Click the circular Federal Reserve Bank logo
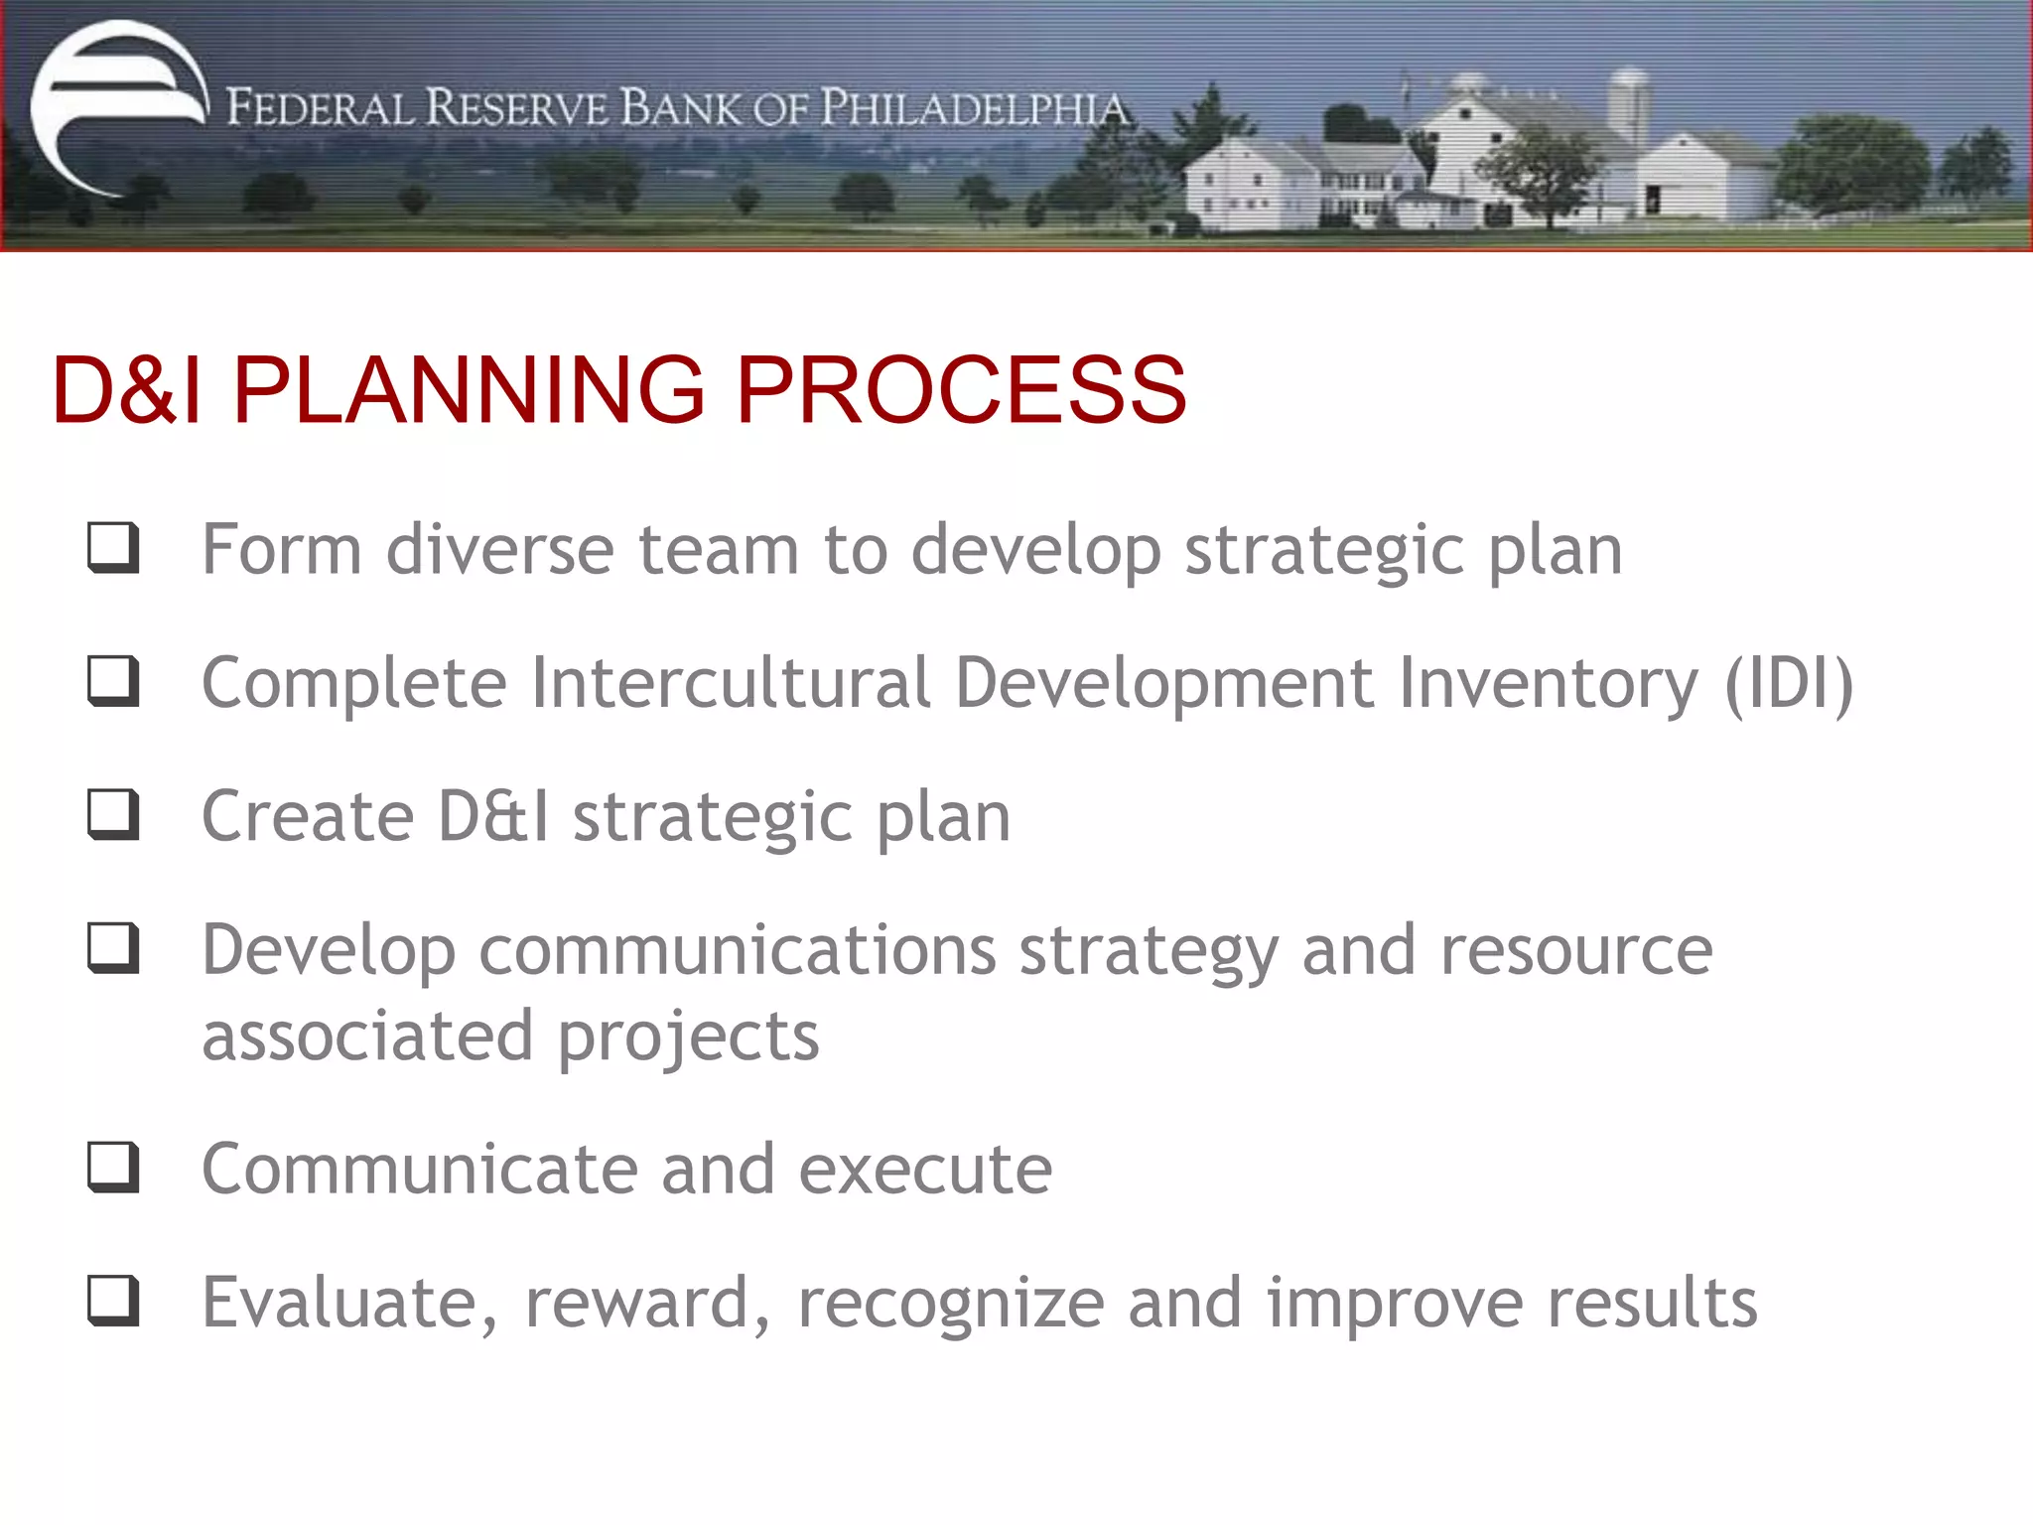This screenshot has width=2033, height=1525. tap(117, 107)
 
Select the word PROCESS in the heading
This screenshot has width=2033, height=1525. tap(960, 390)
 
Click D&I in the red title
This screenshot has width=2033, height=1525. tap(127, 390)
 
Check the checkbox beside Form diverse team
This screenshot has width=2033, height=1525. tap(113, 547)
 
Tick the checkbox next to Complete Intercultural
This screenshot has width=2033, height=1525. tap(113, 681)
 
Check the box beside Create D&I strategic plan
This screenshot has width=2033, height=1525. tap(113, 814)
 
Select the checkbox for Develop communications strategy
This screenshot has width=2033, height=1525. tap(113, 948)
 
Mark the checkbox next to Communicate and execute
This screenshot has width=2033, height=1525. tap(113, 1168)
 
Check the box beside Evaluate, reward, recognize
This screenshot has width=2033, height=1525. tap(113, 1301)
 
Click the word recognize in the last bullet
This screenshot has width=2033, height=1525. tap(951, 1305)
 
